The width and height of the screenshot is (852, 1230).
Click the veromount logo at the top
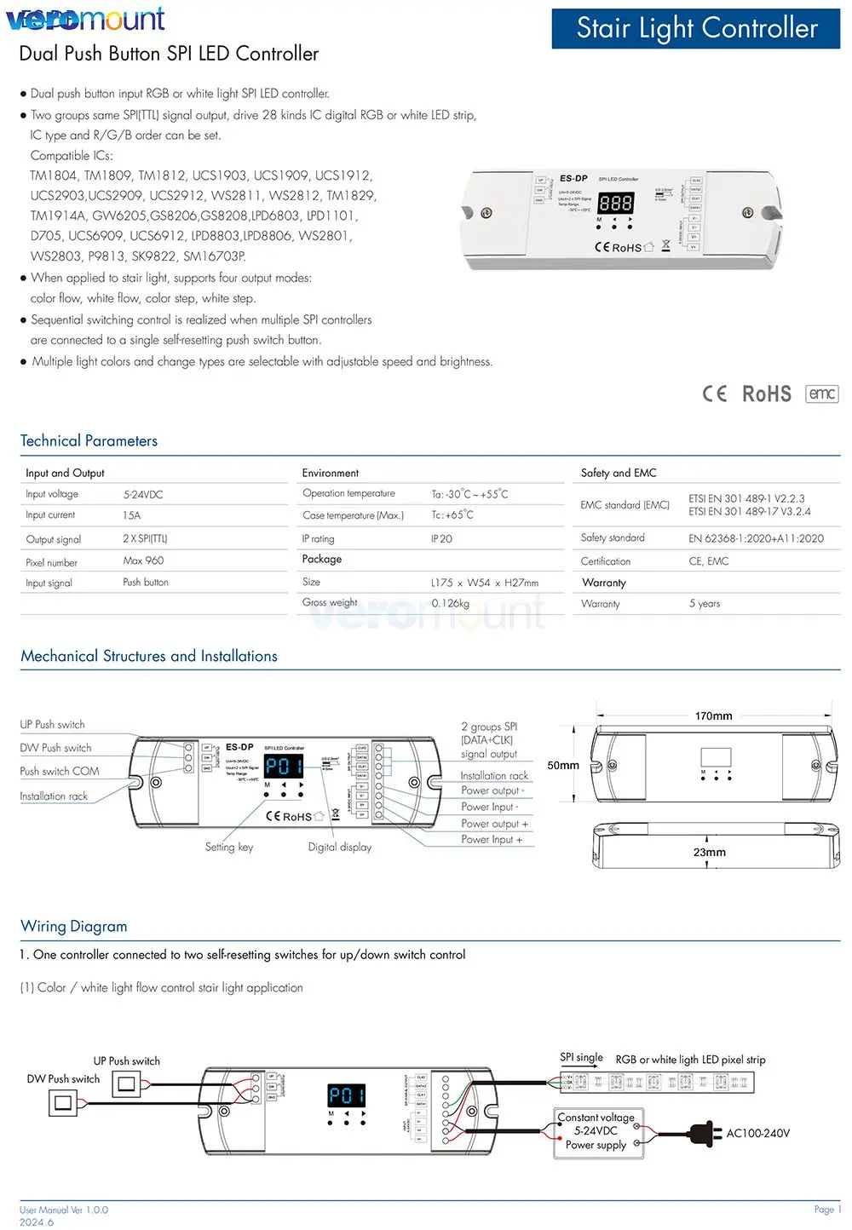click(85, 19)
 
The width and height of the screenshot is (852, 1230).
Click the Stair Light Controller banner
click(696, 28)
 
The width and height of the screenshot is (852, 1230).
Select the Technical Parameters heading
click(89, 440)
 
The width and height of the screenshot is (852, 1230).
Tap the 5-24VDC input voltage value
click(143, 494)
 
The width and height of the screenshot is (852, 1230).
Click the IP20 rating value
click(441, 538)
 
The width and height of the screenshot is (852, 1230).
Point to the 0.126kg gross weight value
click(450, 603)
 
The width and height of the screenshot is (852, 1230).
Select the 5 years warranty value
click(705, 603)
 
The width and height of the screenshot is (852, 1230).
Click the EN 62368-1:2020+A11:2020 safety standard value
click(756, 538)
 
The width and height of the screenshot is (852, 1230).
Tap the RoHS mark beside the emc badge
click(766, 394)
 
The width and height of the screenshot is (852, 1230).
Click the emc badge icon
click(821, 394)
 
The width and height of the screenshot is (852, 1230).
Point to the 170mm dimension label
click(713, 716)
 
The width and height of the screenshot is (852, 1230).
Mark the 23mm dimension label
click(709, 852)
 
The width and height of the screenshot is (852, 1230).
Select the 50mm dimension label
click(563, 765)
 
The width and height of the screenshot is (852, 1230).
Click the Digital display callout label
click(340, 847)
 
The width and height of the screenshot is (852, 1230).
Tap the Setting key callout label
click(229, 847)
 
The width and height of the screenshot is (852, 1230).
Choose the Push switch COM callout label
click(60, 771)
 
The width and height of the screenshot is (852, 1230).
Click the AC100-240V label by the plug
click(757, 1133)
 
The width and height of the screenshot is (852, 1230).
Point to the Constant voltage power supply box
click(596, 1131)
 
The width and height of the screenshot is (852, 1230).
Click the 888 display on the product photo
click(615, 203)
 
